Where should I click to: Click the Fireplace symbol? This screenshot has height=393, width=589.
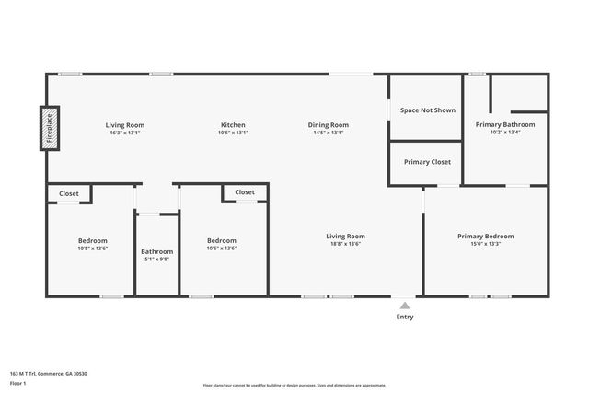click(49, 128)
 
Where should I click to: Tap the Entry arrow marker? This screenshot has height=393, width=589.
click(404, 306)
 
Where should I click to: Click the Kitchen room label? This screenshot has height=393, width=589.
click(233, 125)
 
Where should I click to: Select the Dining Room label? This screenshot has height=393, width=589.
click(329, 125)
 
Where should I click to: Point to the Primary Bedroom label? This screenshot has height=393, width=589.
click(485, 237)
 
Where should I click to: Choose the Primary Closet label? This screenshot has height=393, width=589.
click(427, 162)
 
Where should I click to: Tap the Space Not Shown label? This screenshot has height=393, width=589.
click(427, 110)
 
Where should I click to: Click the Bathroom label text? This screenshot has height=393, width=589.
click(156, 251)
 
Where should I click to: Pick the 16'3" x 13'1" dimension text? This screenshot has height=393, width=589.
click(124, 133)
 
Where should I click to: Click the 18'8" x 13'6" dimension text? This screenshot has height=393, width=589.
click(346, 244)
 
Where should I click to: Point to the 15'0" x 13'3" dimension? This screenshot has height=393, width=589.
click(485, 244)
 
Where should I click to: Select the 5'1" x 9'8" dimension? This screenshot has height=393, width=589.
click(156, 259)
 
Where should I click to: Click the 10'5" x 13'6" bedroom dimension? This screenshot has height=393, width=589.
click(92, 248)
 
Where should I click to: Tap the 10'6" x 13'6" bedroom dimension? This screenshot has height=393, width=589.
click(221, 248)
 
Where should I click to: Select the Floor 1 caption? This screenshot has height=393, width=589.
click(17, 382)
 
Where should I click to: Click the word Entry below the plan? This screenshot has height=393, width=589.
click(405, 317)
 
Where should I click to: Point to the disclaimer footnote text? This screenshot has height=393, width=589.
click(294, 385)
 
